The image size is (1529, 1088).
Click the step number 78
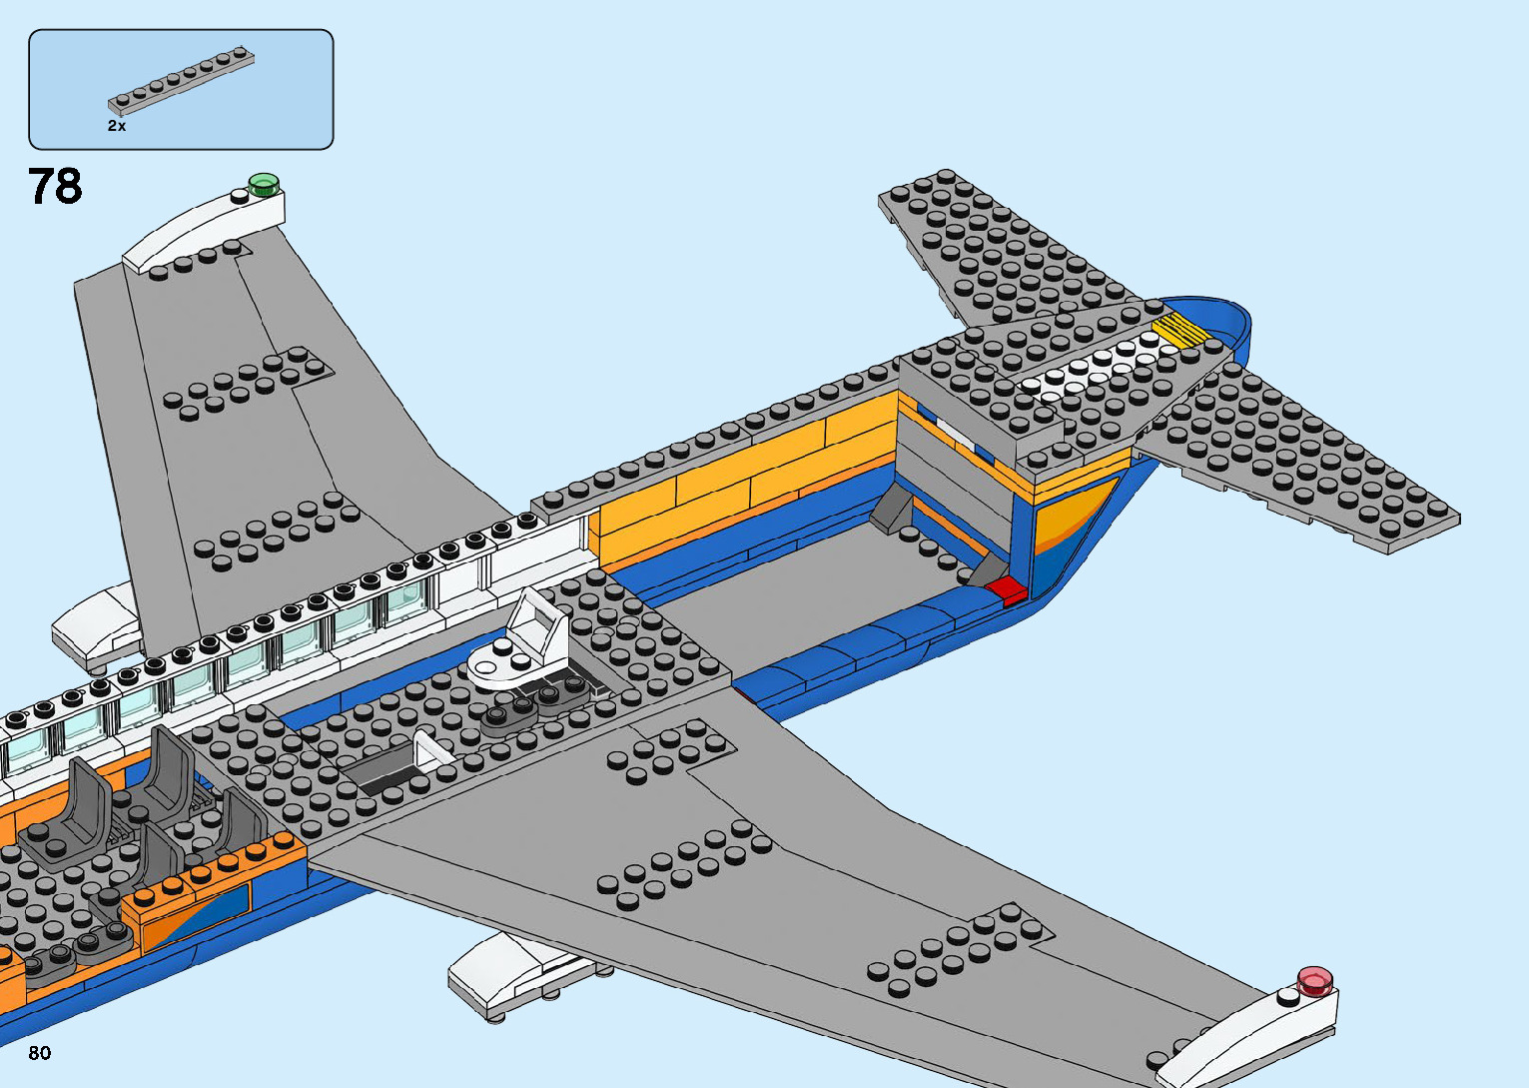55,186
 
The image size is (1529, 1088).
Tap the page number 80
40,1053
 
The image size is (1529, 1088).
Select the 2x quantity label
117,126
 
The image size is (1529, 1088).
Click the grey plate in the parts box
181,78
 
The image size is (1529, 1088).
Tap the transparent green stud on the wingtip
264,183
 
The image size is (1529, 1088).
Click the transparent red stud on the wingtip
1315,980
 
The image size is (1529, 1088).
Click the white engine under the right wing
514,974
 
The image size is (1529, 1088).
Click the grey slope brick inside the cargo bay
891,511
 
